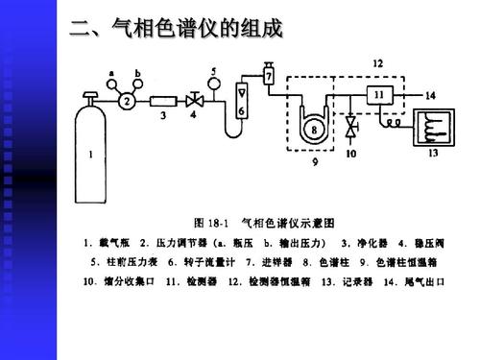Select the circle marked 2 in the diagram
124,100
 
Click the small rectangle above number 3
163,100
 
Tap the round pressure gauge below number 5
213,86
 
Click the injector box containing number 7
270,75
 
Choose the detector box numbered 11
377,95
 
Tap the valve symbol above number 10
351,126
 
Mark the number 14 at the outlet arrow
429,96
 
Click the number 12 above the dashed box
377,62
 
